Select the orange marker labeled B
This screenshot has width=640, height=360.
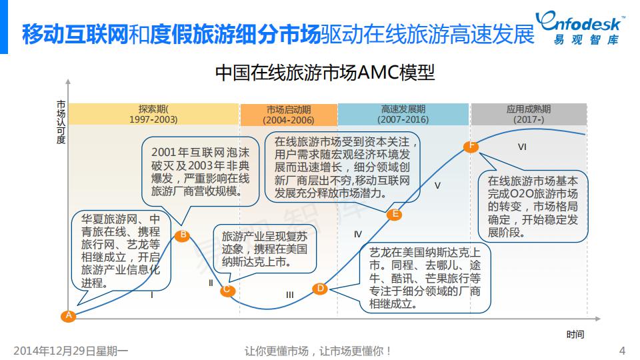183,235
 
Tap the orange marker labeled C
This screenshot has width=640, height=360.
227,289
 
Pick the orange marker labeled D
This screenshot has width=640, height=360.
320,288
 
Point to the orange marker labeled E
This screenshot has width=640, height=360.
394,214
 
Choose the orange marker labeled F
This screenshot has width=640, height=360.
471,146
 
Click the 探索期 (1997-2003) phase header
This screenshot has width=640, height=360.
153,115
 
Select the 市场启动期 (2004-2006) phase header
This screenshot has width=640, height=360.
288,115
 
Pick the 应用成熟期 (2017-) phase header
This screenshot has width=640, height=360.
529,115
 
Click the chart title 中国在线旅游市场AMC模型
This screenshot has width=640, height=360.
325,73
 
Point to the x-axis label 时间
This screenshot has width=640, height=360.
575,335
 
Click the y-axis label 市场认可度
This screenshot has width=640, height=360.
61,122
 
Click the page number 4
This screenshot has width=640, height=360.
622,351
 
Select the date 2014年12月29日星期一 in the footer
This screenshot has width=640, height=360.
71,351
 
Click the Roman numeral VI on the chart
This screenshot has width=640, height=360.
522,147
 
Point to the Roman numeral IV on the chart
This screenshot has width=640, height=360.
358,234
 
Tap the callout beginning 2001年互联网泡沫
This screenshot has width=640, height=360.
200,172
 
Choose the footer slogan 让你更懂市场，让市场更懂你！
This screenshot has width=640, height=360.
319,351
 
